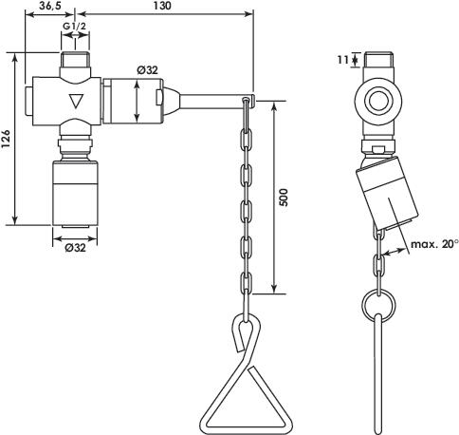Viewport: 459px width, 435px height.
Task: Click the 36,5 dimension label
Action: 50,6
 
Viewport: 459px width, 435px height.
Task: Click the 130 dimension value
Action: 162,6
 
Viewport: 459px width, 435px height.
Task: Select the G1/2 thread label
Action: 74,27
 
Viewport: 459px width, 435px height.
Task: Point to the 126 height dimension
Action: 7,139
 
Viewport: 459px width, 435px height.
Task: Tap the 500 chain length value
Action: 285,198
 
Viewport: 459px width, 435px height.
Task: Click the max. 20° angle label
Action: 434,244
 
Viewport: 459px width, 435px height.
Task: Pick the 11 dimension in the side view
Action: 343,59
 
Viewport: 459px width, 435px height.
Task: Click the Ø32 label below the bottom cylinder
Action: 75,248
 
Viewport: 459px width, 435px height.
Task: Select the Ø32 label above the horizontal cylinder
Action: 147,70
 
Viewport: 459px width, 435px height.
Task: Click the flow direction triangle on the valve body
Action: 76,102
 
